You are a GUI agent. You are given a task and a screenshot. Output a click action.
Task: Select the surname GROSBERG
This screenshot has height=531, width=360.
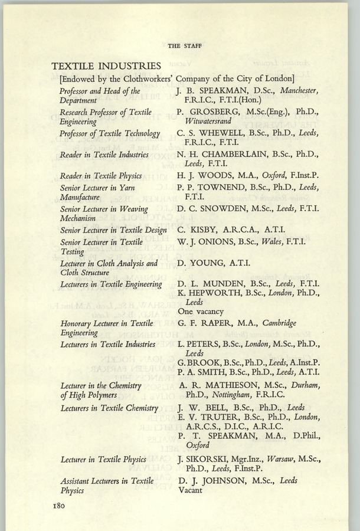212,113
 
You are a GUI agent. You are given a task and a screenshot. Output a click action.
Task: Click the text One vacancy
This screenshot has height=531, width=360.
201,312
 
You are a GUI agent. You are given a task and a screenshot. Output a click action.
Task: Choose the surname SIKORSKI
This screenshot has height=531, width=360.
210,458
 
